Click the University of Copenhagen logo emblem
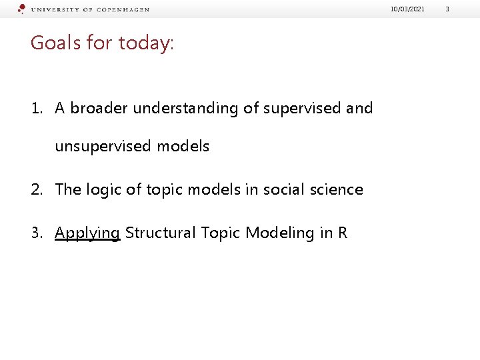tap(22, 9)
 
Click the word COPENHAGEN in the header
tap(124, 10)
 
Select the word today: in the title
tap(146, 43)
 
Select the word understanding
tap(185, 109)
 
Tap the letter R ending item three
tap(342, 233)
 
